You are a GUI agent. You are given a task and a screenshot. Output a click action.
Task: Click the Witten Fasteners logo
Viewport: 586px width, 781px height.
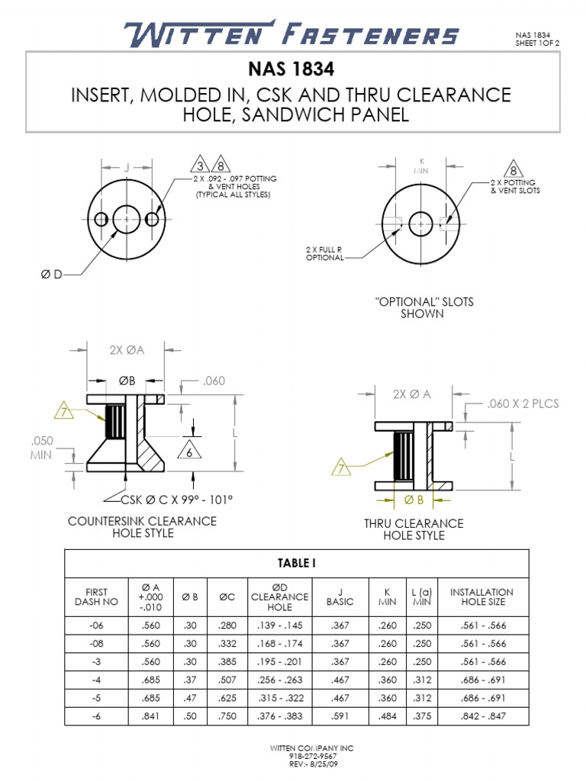tap(291, 34)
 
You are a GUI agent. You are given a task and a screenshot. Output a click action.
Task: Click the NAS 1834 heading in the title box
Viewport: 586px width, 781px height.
tap(291, 70)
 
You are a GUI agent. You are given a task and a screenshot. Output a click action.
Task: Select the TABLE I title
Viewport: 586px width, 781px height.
tap(296, 564)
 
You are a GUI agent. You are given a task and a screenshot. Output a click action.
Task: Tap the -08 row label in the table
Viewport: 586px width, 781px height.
tap(97, 643)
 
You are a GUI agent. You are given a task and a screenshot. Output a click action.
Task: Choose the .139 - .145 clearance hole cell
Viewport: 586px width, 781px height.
tap(279, 625)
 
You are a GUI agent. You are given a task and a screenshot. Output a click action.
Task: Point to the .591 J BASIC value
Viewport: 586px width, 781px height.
tap(340, 716)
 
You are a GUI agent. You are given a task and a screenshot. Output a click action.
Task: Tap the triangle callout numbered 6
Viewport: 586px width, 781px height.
tap(189, 451)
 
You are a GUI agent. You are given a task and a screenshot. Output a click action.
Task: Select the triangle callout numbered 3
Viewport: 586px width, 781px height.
tap(201, 166)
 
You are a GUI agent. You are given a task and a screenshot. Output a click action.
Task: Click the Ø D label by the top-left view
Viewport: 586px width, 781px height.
tap(51, 274)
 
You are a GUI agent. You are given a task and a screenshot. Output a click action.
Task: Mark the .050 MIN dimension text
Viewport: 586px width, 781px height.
tap(41, 448)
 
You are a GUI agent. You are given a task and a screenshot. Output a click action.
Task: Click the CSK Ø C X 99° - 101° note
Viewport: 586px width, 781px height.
tap(176, 500)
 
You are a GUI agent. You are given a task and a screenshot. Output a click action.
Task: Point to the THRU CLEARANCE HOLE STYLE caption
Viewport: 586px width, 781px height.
tap(414, 529)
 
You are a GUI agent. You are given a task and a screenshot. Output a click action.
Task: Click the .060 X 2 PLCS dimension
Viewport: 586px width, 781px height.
tap(523, 403)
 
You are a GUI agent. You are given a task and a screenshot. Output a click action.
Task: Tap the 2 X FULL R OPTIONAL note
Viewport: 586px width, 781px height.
tap(324, 253)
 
